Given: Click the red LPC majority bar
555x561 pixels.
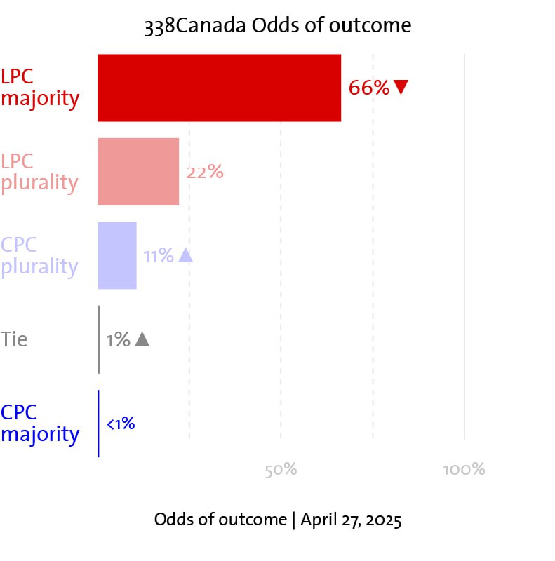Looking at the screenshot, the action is [x=219, y=88].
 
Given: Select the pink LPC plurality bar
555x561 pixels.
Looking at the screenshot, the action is [x=138, y=172].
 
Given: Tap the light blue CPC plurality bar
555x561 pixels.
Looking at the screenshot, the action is [x=117, y=255].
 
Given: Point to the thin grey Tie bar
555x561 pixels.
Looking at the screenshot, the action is [x=99, y=339].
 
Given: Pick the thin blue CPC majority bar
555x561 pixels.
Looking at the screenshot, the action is [x=98, y=424].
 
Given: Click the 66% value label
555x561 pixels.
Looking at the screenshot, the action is [x=369, y=88].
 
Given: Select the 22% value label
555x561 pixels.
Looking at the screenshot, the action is [x=205, y=172].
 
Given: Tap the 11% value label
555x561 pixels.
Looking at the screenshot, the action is [x=159, y=256].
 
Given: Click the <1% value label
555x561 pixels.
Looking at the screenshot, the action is [x=121, y=424].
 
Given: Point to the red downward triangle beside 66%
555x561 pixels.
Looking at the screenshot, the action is [x=401, y=87].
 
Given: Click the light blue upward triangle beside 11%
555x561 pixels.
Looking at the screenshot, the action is [x=185, y=255].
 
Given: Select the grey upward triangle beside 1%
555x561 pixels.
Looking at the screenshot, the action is [x=142, y=339].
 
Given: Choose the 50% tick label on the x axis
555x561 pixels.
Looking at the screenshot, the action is [x=281, y=470].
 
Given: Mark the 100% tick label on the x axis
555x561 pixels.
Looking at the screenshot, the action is [x=464, y=469].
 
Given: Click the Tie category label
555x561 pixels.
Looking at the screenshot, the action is [x=14, y=339].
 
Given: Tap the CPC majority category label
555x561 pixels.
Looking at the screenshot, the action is [x=40, y=424].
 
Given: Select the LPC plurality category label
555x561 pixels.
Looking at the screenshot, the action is [x=39, y=173].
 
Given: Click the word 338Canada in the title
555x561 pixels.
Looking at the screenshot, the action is [x=196, y=25].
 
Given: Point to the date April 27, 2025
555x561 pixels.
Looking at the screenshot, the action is [x=351, y=520].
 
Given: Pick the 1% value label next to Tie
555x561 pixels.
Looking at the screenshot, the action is [x=118, y=339].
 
